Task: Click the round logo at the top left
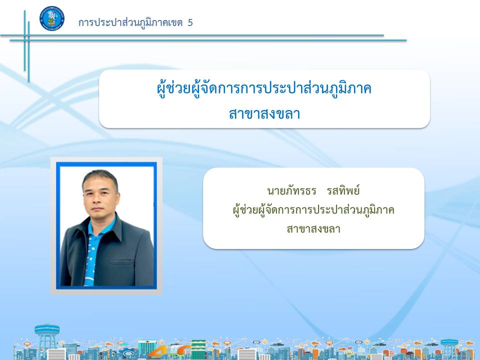[x=52, y=18]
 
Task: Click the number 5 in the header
[x=190, y=22]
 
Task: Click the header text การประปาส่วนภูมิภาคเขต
[x=130, y=22]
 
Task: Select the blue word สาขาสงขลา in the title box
[x=264, y=114]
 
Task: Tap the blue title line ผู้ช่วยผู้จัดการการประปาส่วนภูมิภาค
[x=264, y=89]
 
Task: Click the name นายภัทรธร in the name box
[x=291, y=190]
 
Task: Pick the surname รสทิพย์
[x=343, y=190]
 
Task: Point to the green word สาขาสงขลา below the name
[x=313, y=229]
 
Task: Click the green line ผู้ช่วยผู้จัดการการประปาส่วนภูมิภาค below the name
[x=313, y=210]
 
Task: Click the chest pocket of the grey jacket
[x=121, y=261]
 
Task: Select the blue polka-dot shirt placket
[x=90, y=254]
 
